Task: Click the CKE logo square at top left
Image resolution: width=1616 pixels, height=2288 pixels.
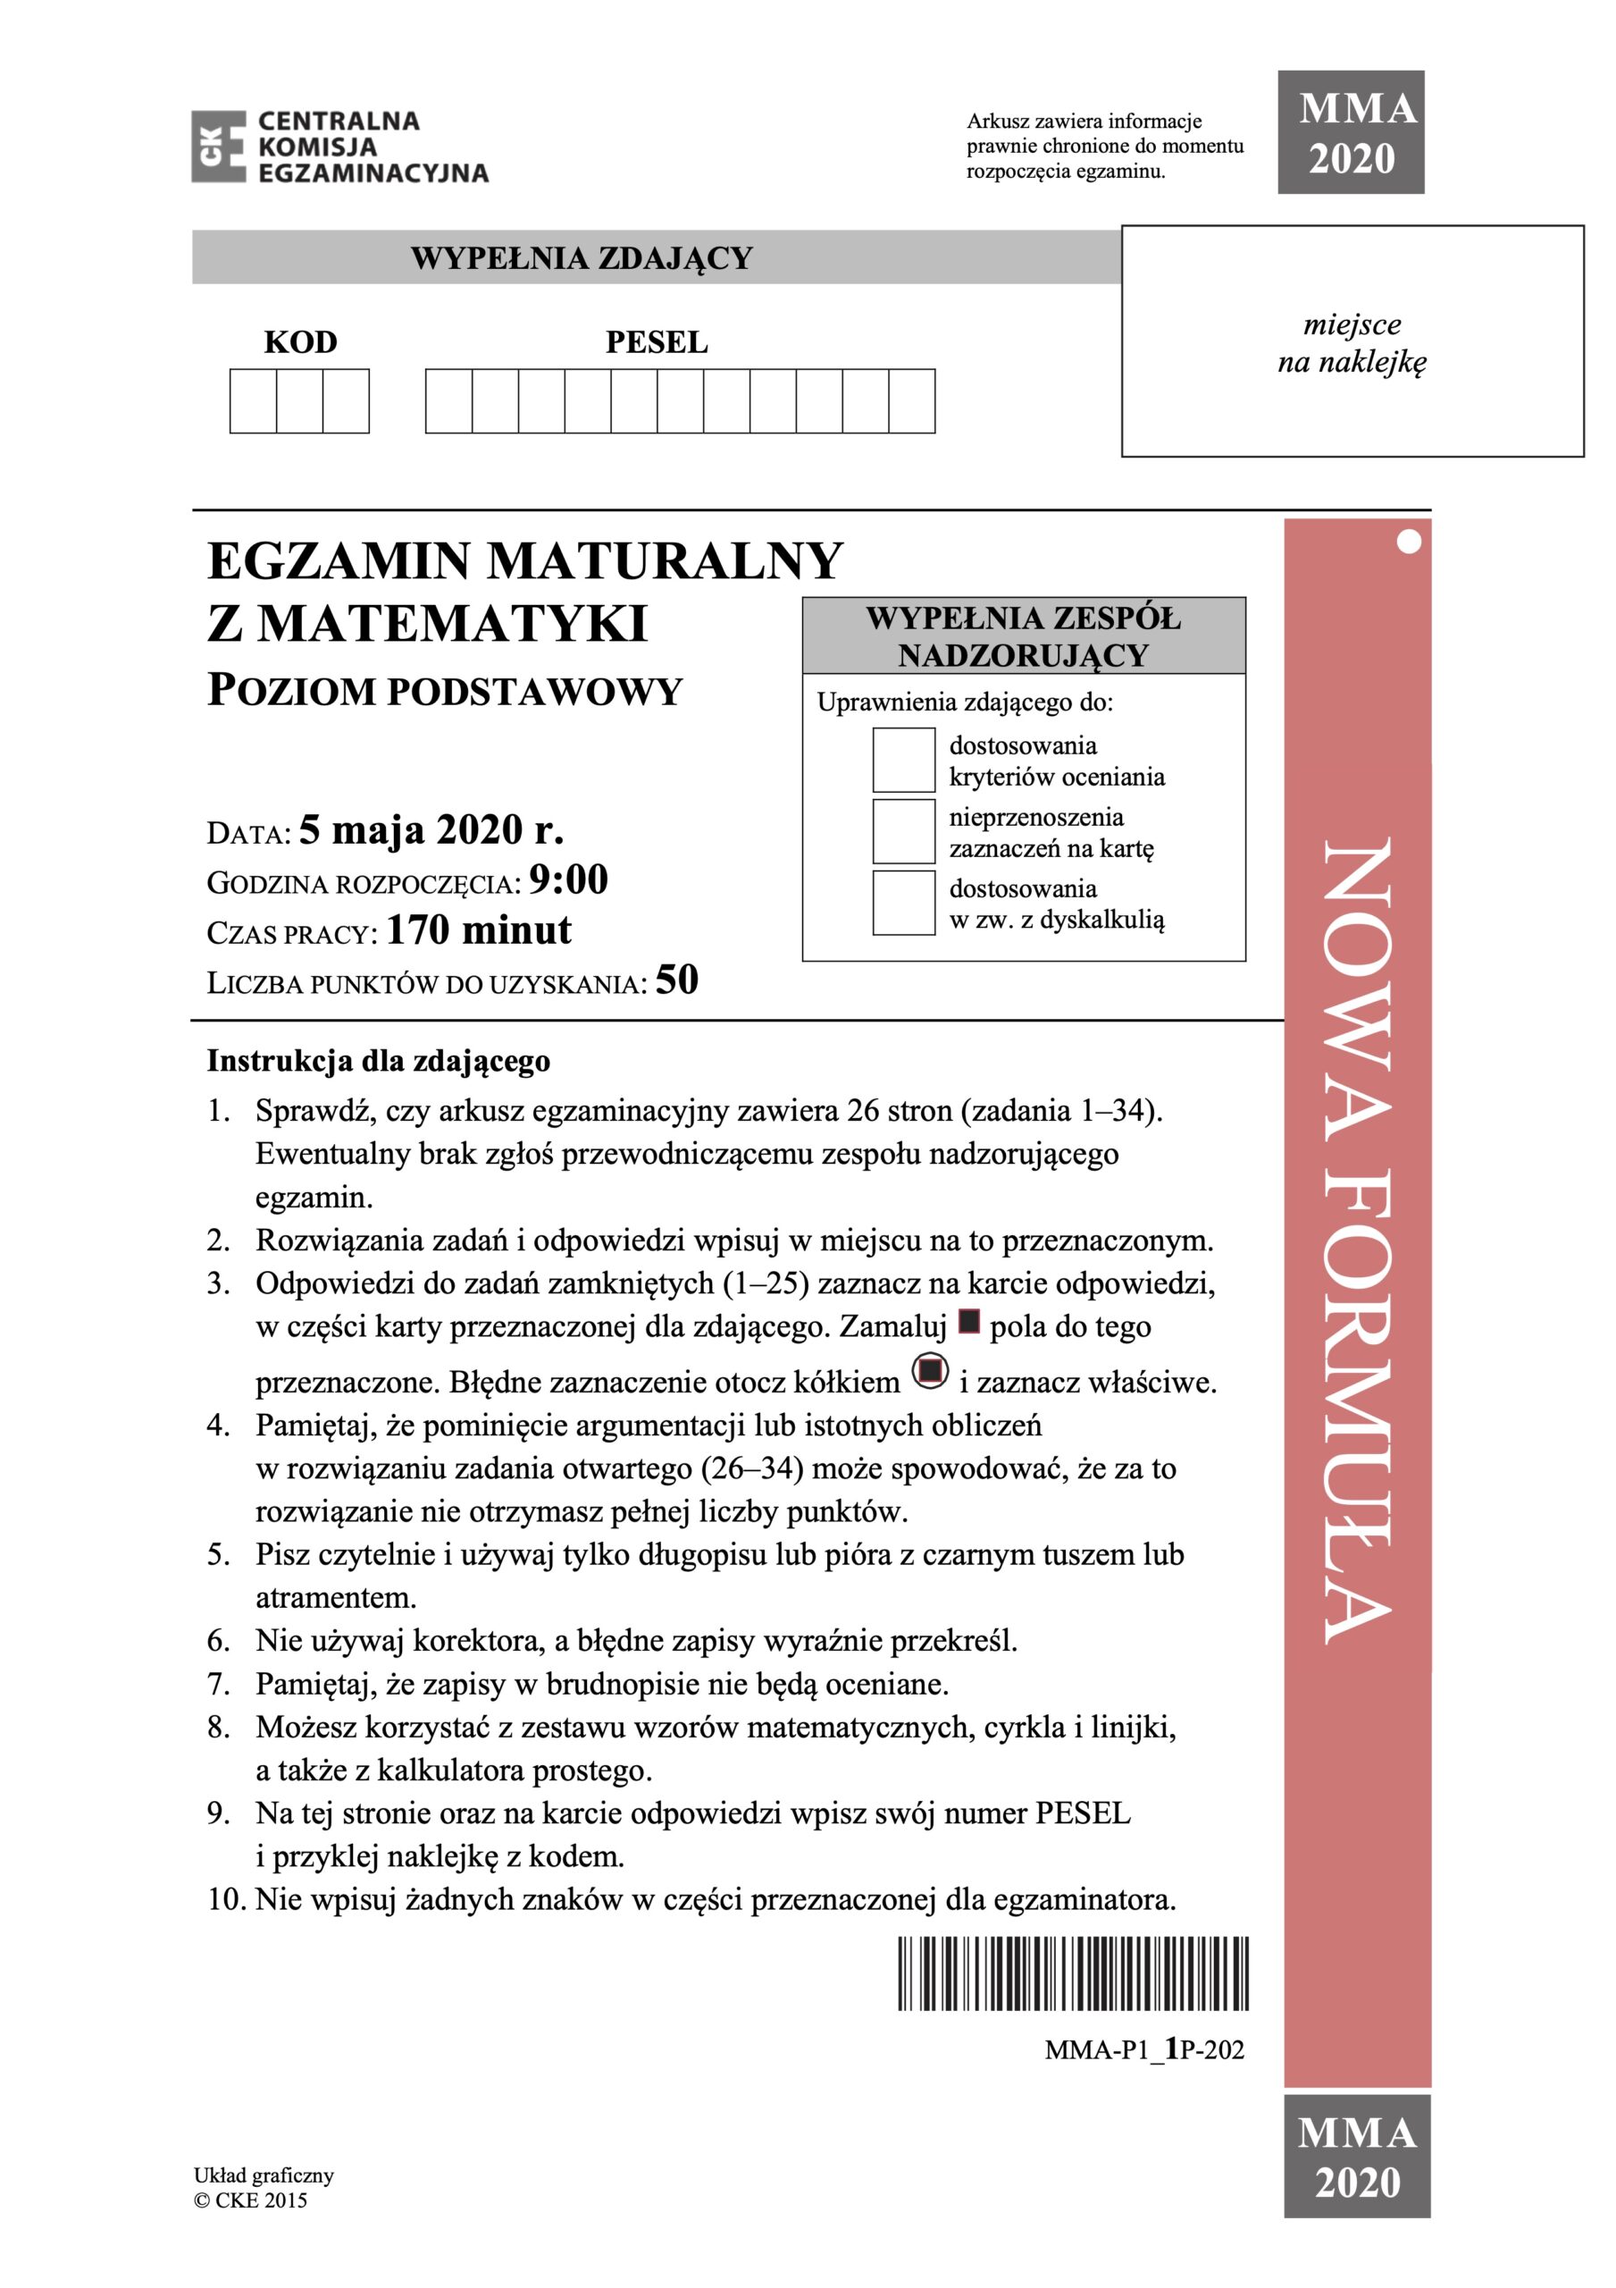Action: [218, 147]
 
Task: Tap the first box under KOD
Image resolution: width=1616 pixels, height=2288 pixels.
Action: [253, 400]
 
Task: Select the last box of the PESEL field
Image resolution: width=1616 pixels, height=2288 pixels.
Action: [911, 400]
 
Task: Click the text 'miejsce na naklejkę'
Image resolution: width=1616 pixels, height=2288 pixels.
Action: [1352, 343]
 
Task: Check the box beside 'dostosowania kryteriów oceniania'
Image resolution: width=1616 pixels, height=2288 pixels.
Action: [904, 761]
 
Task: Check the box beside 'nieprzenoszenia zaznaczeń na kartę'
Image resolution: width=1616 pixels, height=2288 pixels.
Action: [904, 832]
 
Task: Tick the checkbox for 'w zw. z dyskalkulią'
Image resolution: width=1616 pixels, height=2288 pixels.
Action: [904, 903]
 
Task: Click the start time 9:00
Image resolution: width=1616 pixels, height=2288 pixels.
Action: [568, 880]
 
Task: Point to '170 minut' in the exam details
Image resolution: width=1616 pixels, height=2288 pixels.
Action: [478, 930]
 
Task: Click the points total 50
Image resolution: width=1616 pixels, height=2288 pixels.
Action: [676, 980]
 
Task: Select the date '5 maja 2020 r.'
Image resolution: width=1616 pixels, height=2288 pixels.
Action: [431, 829]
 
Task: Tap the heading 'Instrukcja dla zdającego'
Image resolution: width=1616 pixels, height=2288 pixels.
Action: [378, 1061]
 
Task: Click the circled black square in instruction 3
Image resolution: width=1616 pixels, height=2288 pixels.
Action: [930, 1372]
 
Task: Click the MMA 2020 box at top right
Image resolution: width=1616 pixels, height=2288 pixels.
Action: [1351, 132]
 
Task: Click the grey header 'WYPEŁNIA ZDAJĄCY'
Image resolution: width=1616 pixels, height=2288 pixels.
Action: [581, 258]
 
